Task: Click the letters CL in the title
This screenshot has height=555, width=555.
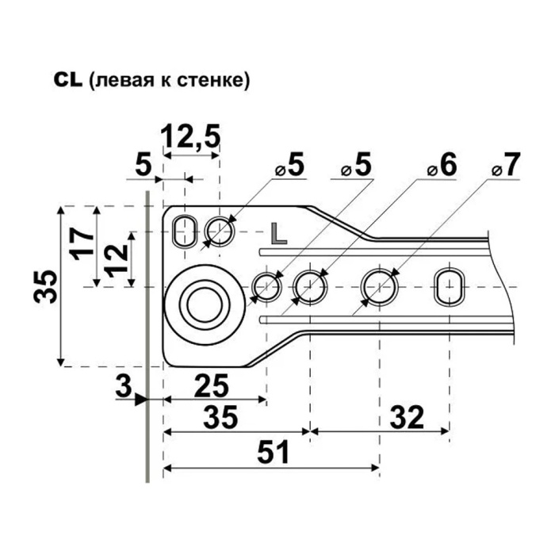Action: click(x=68, y=80)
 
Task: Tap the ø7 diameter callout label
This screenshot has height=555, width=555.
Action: click(x=506, y=165)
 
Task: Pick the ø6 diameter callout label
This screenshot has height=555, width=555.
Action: click(x=442, y=165)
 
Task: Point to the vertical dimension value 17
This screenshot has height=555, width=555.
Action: click(x=82, y=244)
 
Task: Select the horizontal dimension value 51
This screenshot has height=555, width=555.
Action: click(x=274, y=452)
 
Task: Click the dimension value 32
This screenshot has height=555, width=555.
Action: click(x=407, y=417)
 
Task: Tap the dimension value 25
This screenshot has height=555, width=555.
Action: click(x=212, y=387)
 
